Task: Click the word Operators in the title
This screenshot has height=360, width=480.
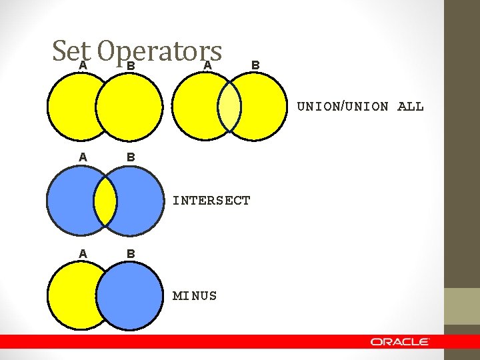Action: coord(159,50)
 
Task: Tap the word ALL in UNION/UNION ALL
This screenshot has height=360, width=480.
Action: coord(410,107)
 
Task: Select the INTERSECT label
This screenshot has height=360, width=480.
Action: coord(211,200)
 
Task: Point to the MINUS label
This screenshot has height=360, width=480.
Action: coord(195,295)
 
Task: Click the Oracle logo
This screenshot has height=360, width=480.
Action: coord(400,341)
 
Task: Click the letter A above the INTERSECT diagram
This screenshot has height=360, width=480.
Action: coord(83,157)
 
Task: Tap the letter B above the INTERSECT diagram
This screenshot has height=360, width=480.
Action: coord(131,158)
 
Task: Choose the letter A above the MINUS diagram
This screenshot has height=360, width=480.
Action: coord(83,253)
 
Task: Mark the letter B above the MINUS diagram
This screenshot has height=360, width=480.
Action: coord(131,254)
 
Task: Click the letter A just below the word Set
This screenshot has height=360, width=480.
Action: coord(83,65)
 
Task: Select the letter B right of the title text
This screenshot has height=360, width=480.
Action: coord(255,64)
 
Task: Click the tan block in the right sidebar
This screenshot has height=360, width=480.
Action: coord(462,306)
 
